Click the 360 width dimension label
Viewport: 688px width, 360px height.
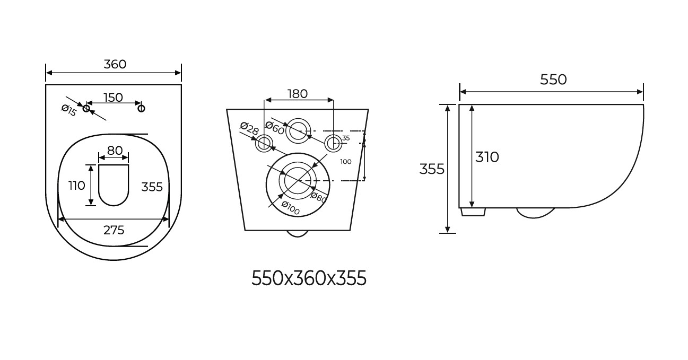click(115, 64)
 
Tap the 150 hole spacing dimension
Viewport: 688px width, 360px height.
click(114, 98)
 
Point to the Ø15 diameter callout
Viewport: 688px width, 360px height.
click(68, 110)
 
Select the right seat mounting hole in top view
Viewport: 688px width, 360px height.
click(141, 108)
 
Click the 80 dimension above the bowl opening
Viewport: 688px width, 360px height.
click(115, 151)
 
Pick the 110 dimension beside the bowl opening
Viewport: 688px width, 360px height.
click(76, 186)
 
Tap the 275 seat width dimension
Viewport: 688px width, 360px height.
click(114, 230)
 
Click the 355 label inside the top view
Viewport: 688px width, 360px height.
click(152, 187)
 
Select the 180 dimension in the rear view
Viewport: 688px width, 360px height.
click(297, 94)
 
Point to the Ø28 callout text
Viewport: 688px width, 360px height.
click(249, 129)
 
